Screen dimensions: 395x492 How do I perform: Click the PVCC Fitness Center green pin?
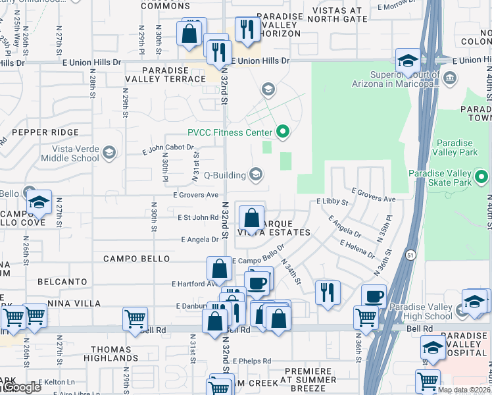(x=283, y=132)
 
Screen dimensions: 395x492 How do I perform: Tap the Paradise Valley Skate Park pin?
(x=481, y=176)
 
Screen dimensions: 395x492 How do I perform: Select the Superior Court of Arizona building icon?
(x=451, y=79)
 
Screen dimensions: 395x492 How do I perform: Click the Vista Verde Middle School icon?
(x=109, y=153)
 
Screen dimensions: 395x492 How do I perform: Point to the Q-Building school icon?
(x=256, y=174)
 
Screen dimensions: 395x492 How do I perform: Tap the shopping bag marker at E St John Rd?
(x=251, y=218)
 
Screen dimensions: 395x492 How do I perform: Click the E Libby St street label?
(x=332, y=201)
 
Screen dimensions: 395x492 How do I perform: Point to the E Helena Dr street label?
(x=358, y=249)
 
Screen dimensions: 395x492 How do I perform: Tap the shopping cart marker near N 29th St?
(x=135, y=319)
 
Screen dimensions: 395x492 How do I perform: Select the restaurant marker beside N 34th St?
(x=328, y=291)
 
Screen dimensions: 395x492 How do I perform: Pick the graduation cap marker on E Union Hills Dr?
(x=408, y=61)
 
